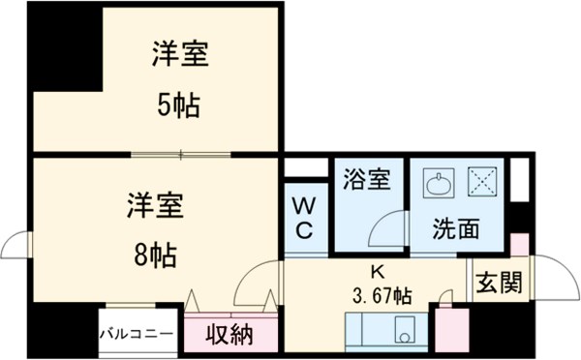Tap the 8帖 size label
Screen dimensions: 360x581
(155, 256)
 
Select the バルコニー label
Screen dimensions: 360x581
(138, 335)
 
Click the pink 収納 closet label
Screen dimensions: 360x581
(229, 335)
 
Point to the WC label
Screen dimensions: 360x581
(302, 218)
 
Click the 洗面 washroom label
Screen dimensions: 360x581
(456, 230)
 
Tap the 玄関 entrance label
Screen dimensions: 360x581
(500, 283)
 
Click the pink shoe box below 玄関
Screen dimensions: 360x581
(451, 329)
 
